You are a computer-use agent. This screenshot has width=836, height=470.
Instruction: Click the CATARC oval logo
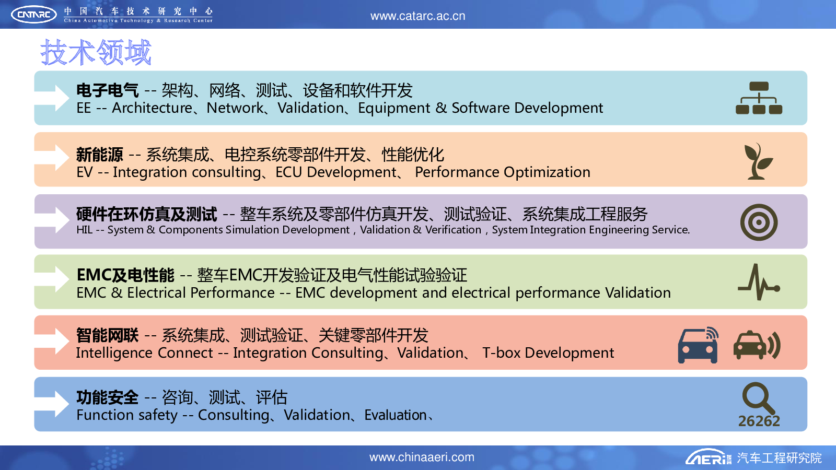[x=34, y=15]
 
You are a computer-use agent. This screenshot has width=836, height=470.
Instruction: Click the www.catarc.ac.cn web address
[x=417, y=16]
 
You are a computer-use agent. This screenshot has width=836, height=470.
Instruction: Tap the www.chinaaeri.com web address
[x=422, y=457]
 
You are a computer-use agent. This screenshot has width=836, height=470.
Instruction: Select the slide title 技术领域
[x=96, y=52]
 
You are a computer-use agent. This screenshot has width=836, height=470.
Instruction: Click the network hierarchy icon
[x=759, y=98]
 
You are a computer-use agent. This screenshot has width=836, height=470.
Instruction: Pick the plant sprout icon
[x=758, y=161]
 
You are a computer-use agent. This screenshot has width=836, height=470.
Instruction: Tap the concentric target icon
[x=759, y=222]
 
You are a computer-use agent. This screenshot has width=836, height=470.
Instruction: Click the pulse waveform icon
[x=759, y=282]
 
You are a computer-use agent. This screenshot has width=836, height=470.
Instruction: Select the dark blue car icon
[x=698, y=345]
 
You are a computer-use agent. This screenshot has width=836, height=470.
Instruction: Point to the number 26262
[x=759, y=421]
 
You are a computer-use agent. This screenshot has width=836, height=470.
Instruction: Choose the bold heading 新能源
[x=100, y=155]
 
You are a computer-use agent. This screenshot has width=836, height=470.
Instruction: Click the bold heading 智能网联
[x=108, y=335]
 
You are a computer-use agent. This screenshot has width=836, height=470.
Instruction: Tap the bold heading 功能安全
[x=108, y=397]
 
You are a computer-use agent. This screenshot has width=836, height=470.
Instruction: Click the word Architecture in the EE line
[x=152, y=108]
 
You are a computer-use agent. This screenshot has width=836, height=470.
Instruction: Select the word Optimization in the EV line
[x=547, y=172]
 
